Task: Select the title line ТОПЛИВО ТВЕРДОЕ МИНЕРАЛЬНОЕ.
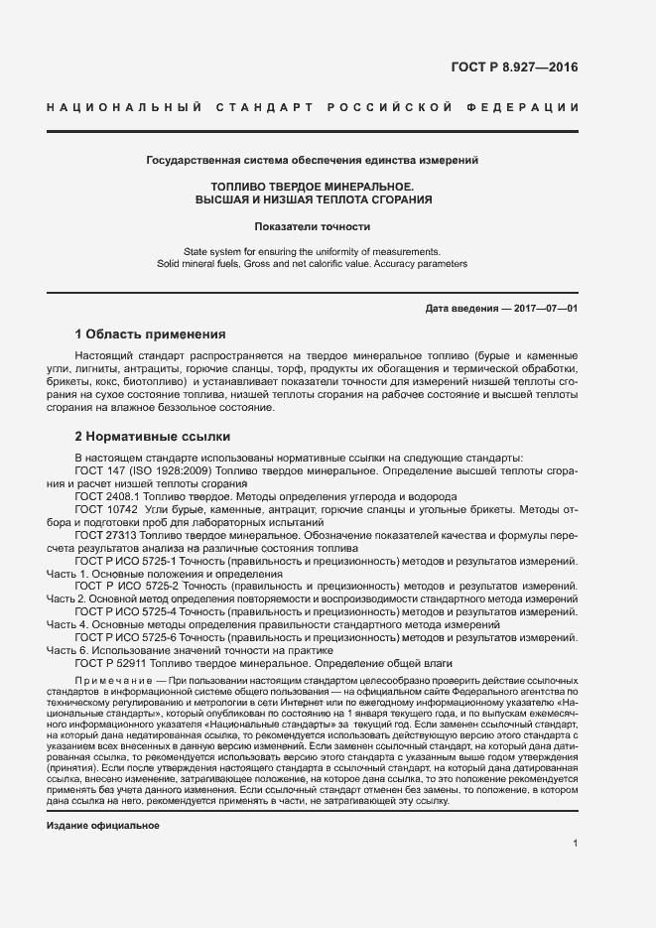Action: [313, 186]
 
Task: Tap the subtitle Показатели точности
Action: [313, 226]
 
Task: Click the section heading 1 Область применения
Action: [151, 333]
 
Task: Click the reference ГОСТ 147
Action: [99, 469]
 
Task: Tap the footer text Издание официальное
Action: [102, 826]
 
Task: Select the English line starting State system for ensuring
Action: [313, 251]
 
